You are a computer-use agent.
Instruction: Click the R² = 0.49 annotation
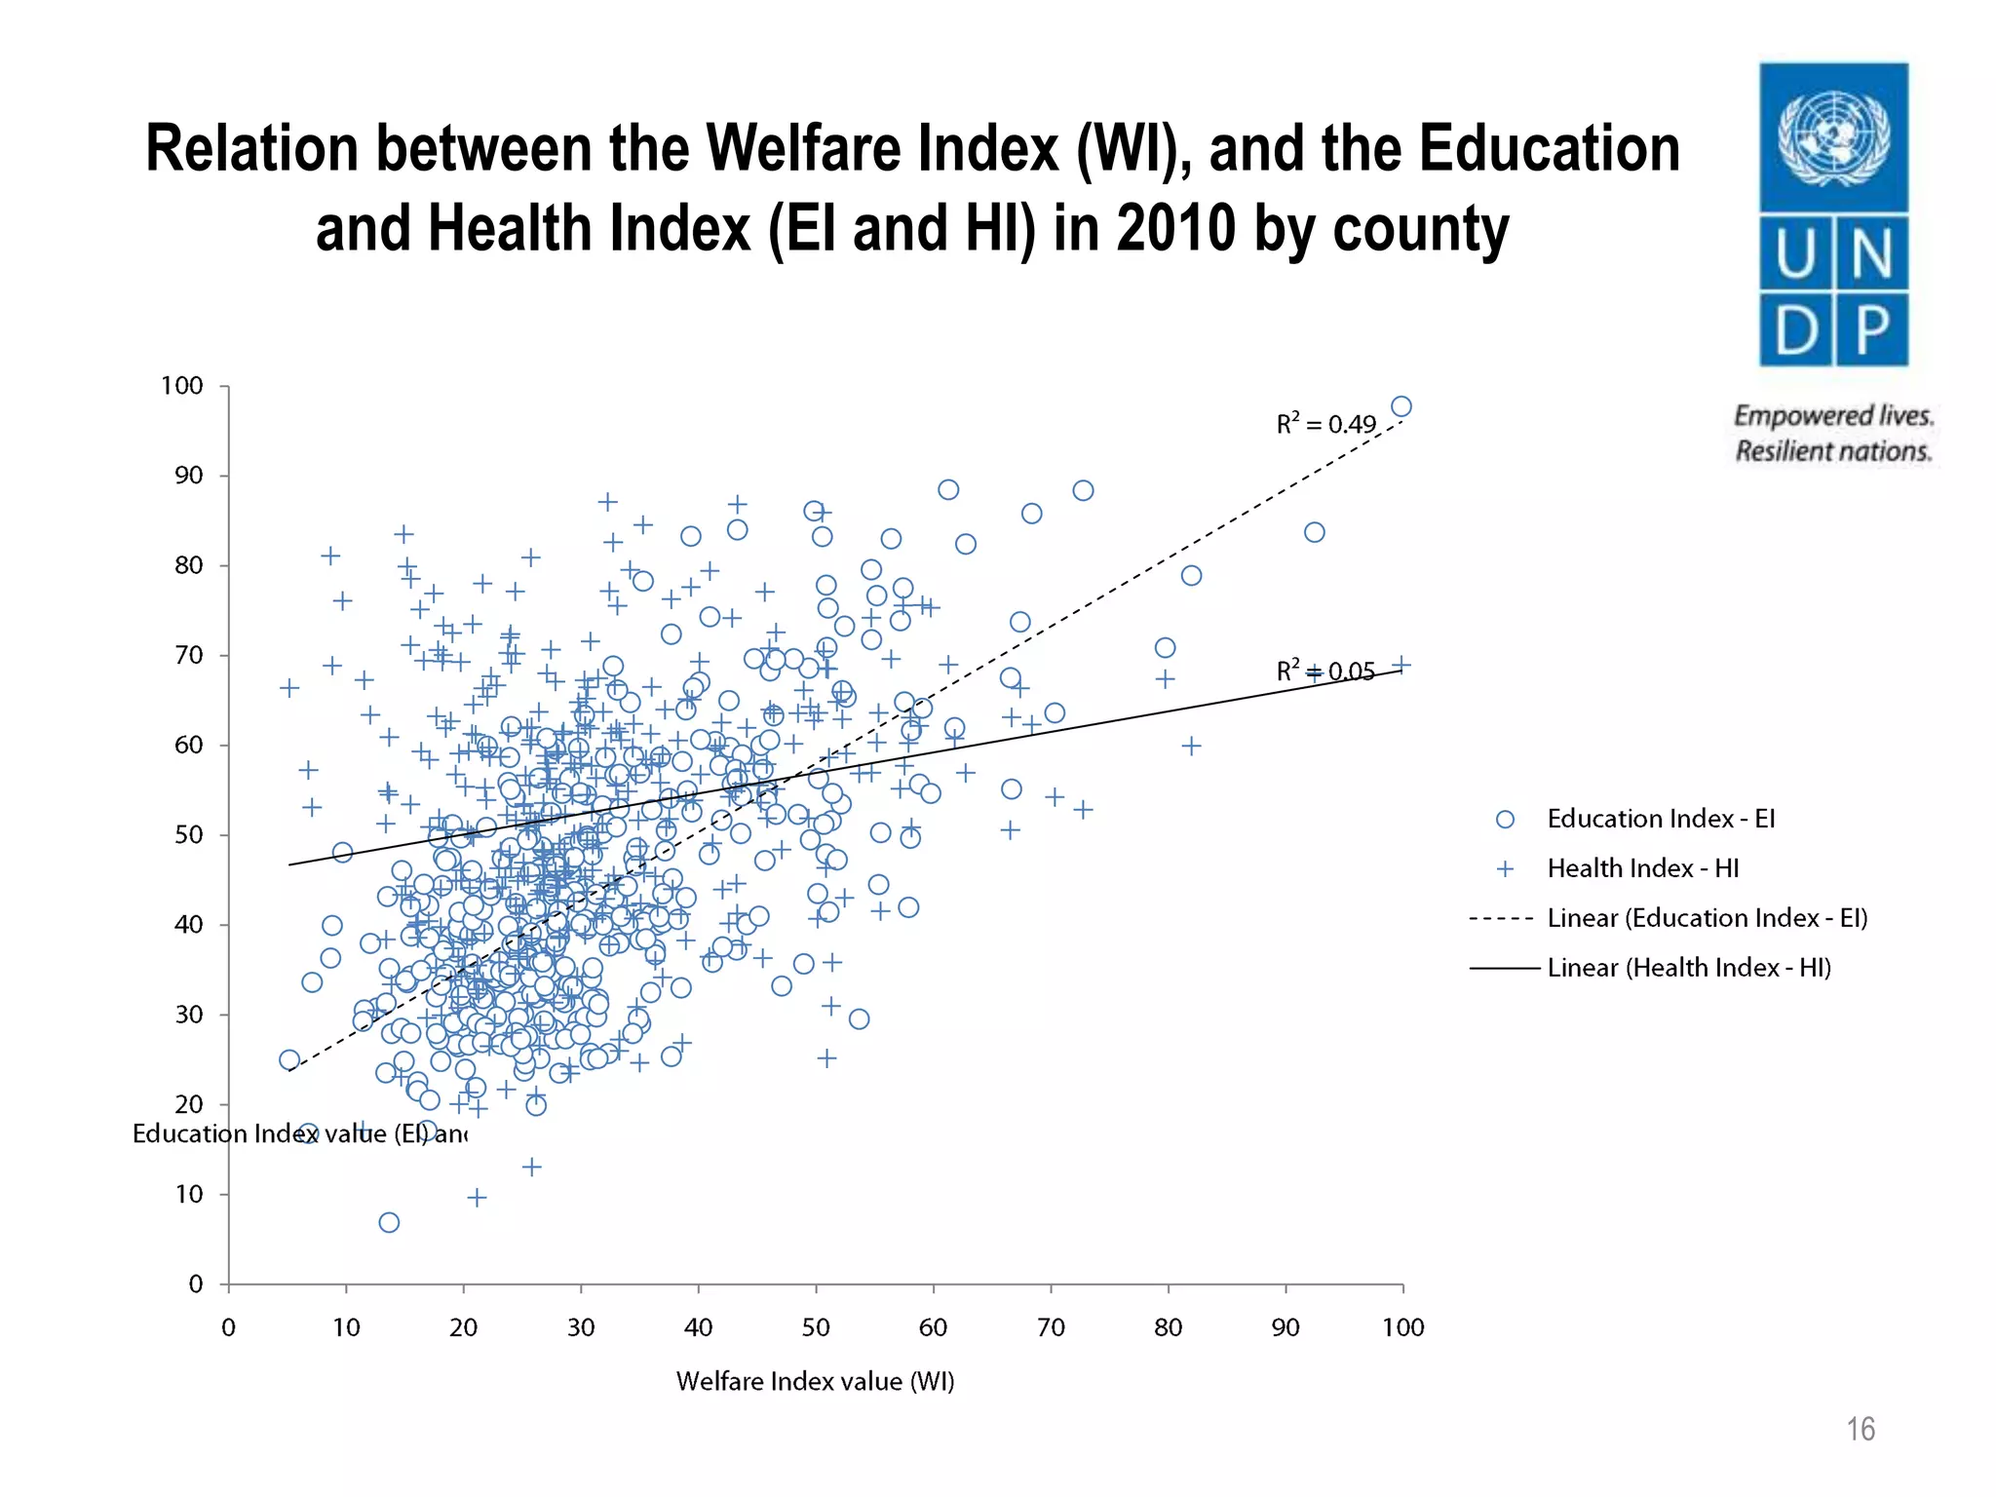tap(1325, 424)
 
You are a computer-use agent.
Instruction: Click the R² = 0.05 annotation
tap(1325, 672)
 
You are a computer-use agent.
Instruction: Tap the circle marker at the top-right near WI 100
tap(1401, 406)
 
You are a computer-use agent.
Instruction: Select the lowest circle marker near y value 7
tap(389, 1222)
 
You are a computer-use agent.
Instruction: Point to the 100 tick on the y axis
tap(182, 386)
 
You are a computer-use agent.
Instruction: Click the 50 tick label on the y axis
tap(188, 835)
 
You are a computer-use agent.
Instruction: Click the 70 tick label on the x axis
tap(1051, 1327)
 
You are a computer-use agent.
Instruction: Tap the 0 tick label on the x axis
tap(228, 1327)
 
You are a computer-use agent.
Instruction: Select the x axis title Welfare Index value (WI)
tap(815, 1381)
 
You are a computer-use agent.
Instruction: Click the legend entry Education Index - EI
tap(1660, 819)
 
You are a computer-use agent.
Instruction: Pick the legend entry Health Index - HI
tap(1642, 868)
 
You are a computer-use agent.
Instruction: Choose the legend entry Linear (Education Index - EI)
tap(1707, 918)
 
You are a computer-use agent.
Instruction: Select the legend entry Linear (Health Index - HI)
tap(1689, 968)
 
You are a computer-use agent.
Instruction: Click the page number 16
tap(1860, 1429)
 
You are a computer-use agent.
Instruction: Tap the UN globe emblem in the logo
tap(1833, 137)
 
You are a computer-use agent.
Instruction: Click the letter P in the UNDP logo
tap(1872, 330)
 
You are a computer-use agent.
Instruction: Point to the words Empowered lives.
tap(1833, 416)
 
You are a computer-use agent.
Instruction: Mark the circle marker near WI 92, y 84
tap(1314, 532)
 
